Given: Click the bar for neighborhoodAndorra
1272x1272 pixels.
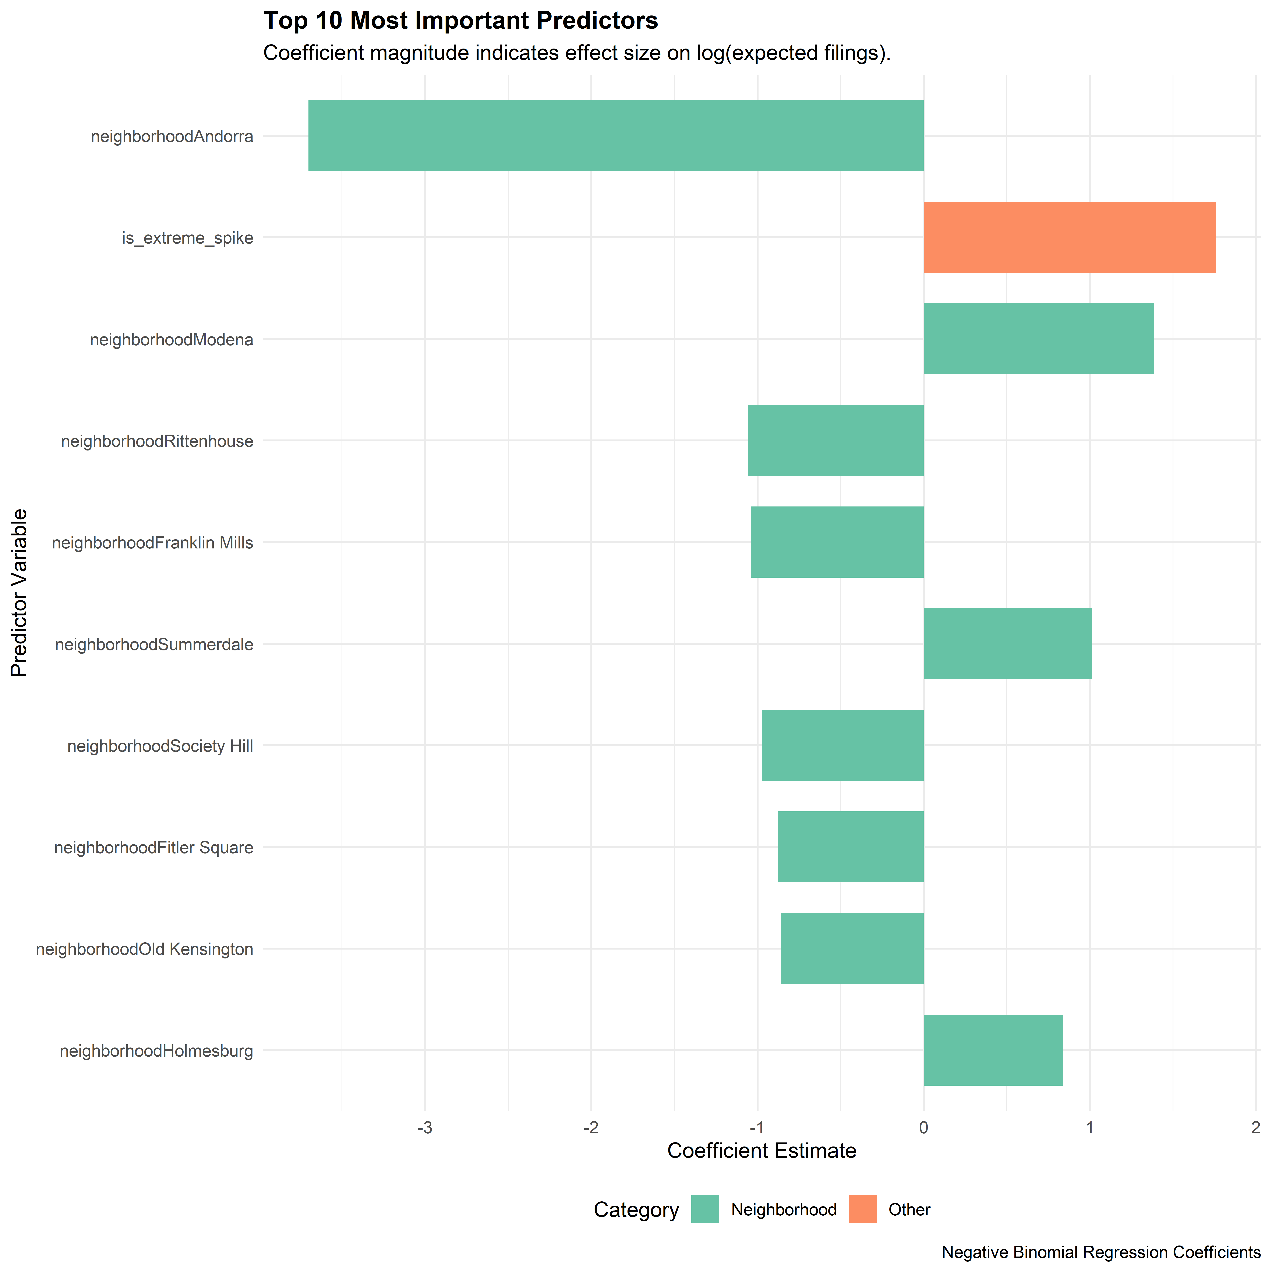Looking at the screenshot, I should pos(616,136).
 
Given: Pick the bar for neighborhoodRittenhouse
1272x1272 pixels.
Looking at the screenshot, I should pos(835,441).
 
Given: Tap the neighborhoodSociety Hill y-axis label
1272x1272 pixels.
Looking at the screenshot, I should pos(160,746).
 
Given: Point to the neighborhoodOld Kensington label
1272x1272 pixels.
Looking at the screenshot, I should pos(144,949).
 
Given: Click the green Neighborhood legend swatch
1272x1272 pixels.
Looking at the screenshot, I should pos(705,1209).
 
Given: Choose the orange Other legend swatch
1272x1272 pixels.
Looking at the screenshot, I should pos(862,1209).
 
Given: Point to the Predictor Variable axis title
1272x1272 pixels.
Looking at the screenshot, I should pos(20,593).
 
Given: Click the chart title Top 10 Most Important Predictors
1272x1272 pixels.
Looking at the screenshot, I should pos(460,21).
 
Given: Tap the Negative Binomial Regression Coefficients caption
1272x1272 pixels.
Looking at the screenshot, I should pos(1101,1252).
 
